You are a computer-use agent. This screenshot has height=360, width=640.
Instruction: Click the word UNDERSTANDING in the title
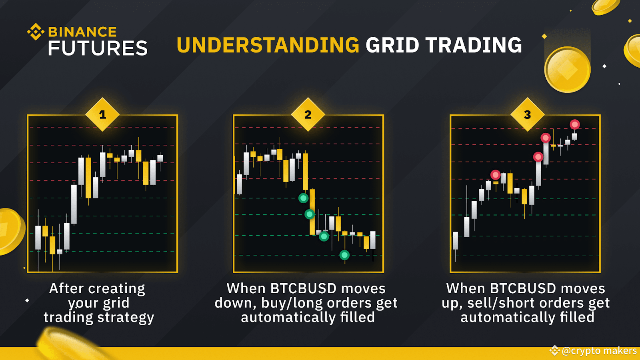(268, 45)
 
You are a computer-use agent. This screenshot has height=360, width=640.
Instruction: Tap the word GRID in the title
(392, 45)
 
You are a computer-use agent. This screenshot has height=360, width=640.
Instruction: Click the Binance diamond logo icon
(36, 32)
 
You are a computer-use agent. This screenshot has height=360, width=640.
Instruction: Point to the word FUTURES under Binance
(98, 48)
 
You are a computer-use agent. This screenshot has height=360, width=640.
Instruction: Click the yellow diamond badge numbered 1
(102, 115)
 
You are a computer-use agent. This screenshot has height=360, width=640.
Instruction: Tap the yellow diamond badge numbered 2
(308, 115)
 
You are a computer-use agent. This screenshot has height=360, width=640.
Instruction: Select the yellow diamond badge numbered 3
(528, 115)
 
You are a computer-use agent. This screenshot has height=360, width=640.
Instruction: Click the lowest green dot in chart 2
(344, 255)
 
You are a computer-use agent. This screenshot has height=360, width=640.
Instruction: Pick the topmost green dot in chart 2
(304, 198)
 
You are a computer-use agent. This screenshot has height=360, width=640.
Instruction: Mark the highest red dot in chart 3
(575, 124)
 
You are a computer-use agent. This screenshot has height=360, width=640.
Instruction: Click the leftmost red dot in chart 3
(496, 175)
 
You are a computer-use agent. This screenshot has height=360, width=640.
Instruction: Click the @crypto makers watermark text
(599, 351)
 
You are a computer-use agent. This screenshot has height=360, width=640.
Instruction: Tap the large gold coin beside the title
(567, 70)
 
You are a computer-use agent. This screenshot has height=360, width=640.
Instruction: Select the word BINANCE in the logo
(82, 32)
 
